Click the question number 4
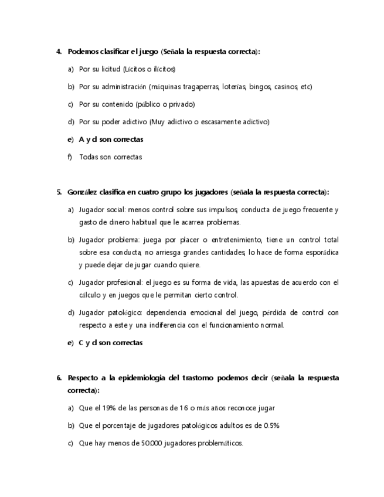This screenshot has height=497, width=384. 59,52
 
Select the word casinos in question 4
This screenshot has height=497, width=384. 286,87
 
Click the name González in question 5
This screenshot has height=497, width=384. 82,192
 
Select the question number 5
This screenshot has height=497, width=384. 59,192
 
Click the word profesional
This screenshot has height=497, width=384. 124,282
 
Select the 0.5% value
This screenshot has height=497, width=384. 270,425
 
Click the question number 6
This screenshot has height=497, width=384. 59,378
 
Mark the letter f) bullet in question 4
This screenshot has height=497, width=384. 70,157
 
